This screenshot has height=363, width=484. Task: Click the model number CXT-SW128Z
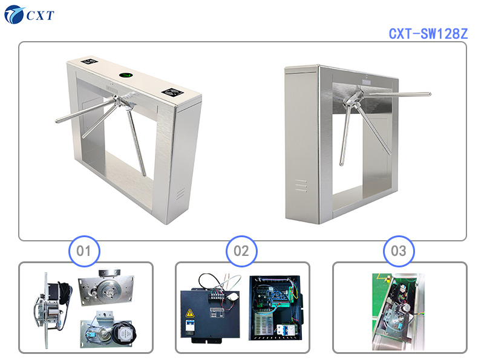(x=428, y=33)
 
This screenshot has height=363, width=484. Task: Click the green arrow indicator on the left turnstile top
(x=126, y=76)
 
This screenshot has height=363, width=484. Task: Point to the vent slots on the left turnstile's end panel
(x=180, y=194)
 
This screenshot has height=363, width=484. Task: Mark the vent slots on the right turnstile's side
(x=301, y=185)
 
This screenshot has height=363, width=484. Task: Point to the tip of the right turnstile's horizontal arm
(x=428, y=94)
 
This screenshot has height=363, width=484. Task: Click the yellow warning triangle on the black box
(x=190, y=313)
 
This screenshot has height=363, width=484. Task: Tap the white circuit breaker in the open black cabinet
(x=283, y=330)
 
